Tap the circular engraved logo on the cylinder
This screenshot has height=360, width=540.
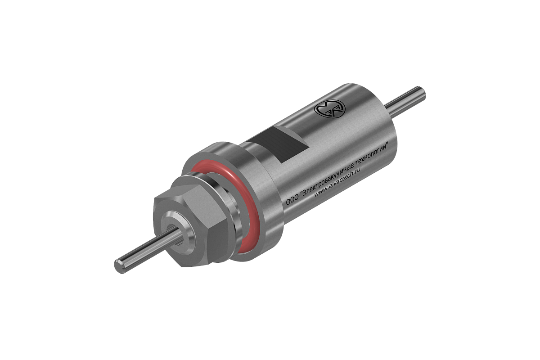(x=329, y=109)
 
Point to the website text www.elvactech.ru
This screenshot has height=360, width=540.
(x=337, y=183)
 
